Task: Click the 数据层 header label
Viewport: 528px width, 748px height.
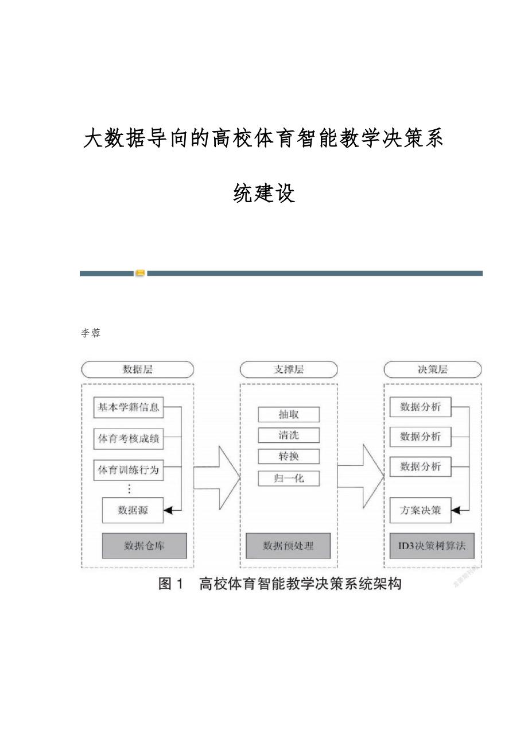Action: (x=138, y=369)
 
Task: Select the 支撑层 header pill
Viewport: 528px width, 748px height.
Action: (x=288, y=369)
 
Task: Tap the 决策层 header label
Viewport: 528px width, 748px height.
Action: (x=432, y=369)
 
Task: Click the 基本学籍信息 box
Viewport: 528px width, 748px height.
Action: (x=128, y=408)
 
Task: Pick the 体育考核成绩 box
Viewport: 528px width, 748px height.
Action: (x=128, y=439)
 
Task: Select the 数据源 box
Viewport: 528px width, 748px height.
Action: (x=133, y=510)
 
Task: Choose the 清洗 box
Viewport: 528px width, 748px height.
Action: (x=289, y=435)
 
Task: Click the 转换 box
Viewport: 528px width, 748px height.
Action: (x=289, y=457)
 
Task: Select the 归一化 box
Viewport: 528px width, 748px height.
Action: (x=289, y=478)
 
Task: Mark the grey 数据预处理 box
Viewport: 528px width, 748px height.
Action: (x=288, y=546)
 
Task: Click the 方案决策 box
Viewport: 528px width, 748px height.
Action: (x=420, y=510)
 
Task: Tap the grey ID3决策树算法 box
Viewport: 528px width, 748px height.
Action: (x=432, y=546)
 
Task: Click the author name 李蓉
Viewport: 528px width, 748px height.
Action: (x=91, y=333)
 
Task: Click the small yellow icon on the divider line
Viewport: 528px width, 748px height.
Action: (x=140, y=273)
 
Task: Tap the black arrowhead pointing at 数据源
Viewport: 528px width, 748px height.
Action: (x=168, y=510)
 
